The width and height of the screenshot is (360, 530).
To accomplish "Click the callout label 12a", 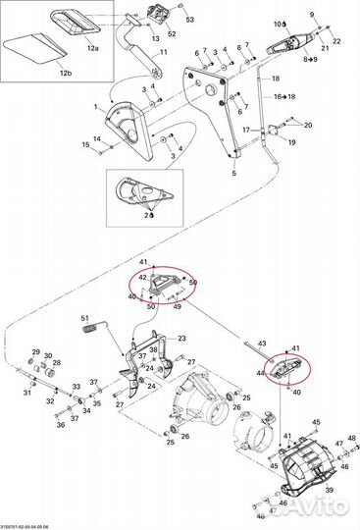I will (93, 47).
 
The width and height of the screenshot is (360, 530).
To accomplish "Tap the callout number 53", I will (190, 20).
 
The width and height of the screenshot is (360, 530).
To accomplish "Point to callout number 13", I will (155, 36).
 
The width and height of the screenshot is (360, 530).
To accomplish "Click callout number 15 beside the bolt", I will (86, 146).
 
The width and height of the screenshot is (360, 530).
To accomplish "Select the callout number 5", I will (233, 173).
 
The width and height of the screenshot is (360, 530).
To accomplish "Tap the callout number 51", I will (84, 318).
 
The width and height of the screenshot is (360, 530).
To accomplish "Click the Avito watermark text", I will (314, 507).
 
